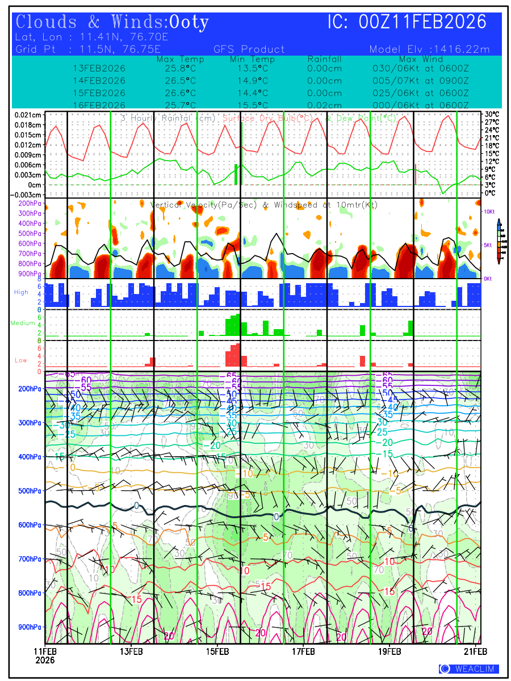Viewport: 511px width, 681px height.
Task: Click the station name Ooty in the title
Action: (189, 23)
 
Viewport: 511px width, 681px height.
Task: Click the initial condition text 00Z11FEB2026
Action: (423, 23)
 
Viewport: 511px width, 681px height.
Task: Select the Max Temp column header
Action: (176, 59)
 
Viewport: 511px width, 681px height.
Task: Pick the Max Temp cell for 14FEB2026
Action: (176, 81)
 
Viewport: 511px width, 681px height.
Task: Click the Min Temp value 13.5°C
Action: (252, 69)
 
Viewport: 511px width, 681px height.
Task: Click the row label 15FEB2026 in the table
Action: (99, 93)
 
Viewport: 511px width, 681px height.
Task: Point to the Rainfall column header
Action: (324, 59)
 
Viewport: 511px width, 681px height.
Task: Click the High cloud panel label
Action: (21, 292)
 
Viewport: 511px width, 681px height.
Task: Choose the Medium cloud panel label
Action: (23, 323)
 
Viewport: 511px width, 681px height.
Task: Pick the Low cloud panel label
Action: (21, 360)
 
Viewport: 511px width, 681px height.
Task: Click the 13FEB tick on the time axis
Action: (131, 651)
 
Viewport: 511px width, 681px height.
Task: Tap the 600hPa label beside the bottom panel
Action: (30, 525)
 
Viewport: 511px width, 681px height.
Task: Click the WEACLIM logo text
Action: (469, 669)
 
